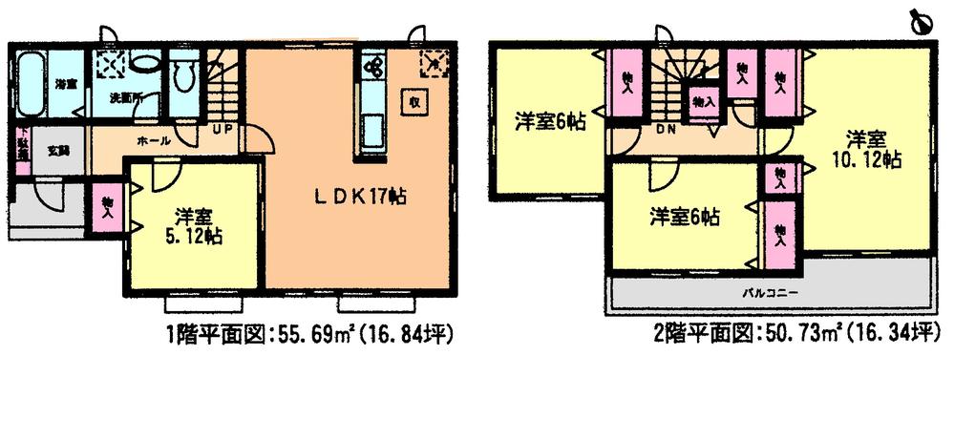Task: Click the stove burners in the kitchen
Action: tap(371, 67)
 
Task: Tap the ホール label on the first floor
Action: tap(155, 140)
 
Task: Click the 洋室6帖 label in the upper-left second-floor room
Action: tap(551, 122)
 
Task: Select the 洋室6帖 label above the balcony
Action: tap(685, 218)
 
